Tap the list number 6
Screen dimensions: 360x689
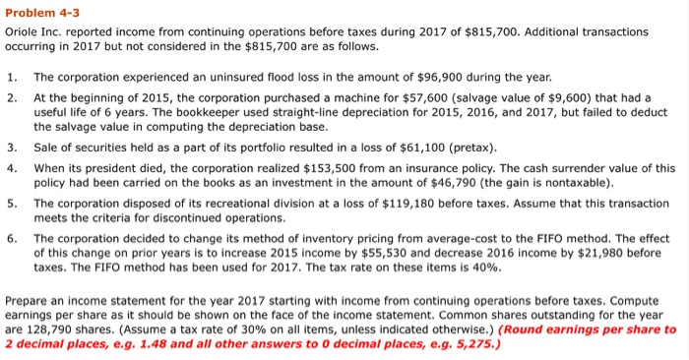tap(11, 238)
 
